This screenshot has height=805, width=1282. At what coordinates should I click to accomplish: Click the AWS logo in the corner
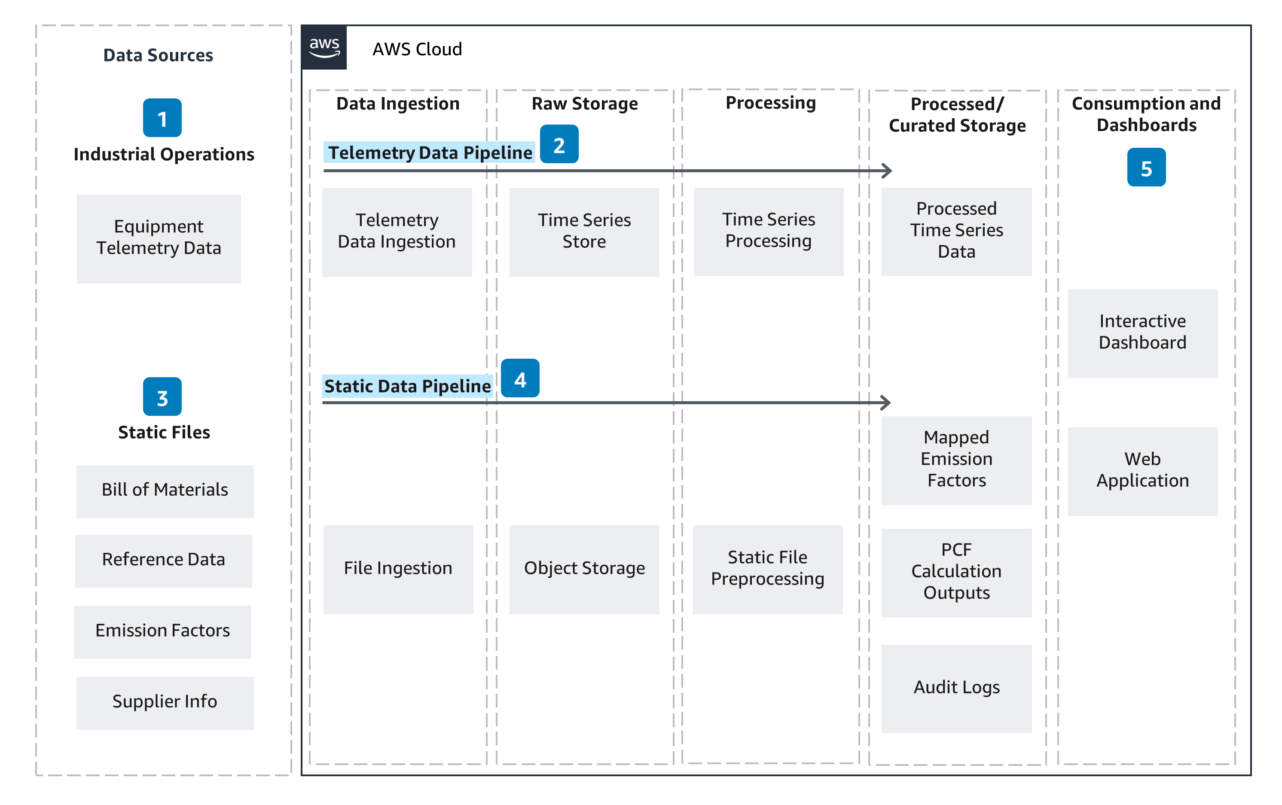click(x=324, y=47)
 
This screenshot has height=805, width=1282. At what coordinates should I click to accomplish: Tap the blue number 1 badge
click(x=162, y=118)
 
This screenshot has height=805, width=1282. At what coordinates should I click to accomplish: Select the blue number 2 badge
click(x=559, y=144)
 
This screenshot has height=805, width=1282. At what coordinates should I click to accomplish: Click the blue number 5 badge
click(x=1146, y=168)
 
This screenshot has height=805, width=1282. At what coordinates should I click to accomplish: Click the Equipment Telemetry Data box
click(x=159, y=238)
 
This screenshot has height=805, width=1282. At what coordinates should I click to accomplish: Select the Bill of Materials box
click(x=165, y=491)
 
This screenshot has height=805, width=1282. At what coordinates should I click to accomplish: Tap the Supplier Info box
click(x=165, y=703)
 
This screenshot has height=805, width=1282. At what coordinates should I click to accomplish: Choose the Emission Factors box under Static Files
click(x=162, y=631)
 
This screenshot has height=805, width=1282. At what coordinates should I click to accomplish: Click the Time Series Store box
click(x=584, y=232)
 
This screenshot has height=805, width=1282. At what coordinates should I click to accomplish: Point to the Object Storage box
click(x=584, y=569)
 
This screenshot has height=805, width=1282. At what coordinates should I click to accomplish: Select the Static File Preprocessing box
click(x=767, y=569)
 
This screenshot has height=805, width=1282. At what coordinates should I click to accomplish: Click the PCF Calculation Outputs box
click(x=956, y=572)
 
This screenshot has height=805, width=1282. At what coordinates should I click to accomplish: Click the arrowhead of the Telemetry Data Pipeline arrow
click(x=887, y=171)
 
